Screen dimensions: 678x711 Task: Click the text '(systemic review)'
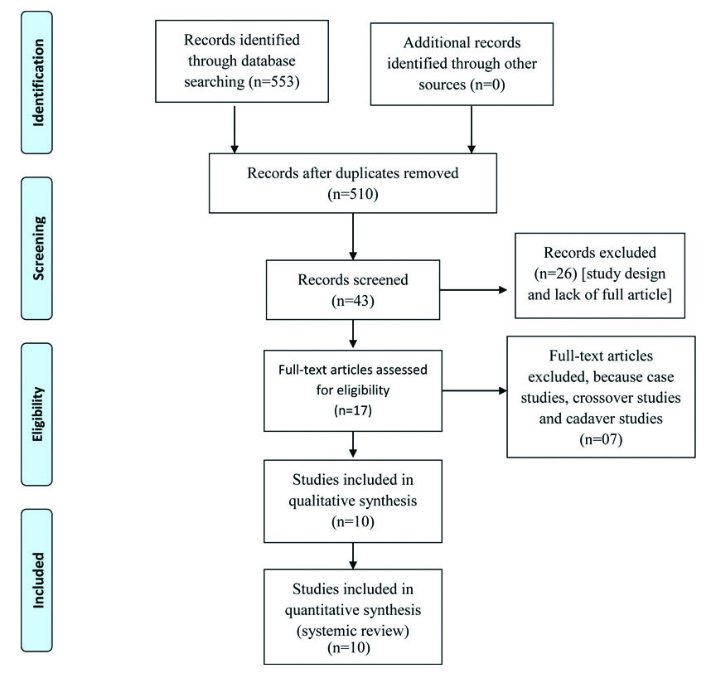tap(354, 629)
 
